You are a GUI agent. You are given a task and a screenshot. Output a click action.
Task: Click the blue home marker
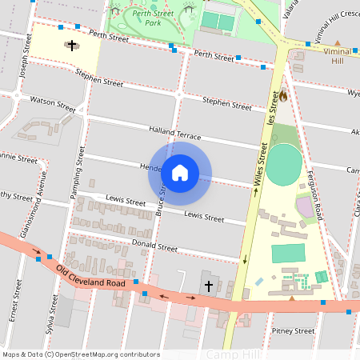[x=180, y=172]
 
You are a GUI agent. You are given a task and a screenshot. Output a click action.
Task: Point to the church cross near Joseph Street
[x=73, y=46]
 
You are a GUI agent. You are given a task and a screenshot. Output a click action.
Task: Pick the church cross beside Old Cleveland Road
[x=209, y=285]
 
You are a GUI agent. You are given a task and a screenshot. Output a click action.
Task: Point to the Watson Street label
[x=52, y=103]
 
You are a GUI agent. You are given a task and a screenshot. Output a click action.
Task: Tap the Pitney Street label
[x=293, y=330]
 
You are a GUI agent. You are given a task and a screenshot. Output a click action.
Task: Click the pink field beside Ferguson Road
[x=306, y=209]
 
